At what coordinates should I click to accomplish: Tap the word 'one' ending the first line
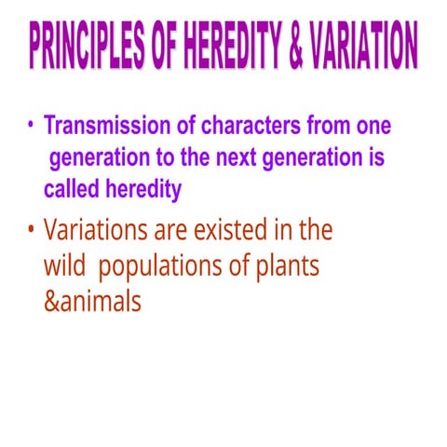[x=371, y=126]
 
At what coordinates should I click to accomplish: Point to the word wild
[x=64, y=265]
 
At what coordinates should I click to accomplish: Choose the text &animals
[x=93, y=303]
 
